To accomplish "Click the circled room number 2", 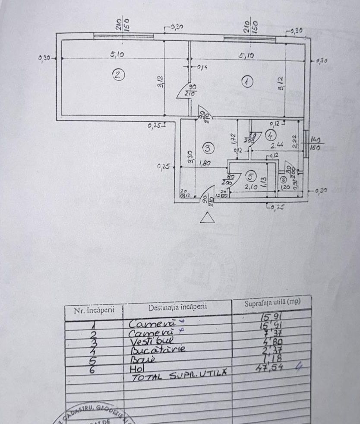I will pyautogui.click(x=118, y=75).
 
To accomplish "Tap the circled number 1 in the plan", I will pyautogui.click(x=247, y=80).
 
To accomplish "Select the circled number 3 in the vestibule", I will pyautogui.click(x=208, y=149).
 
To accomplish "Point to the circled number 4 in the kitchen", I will pyautogui.click(x=271, y=135).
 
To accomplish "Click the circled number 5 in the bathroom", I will pyautogui.click(x=251, y=176).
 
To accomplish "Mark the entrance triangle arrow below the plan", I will pyautogui.click(x=207, y=218).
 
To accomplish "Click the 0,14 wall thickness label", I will pyautogui.click(x=202, y=67).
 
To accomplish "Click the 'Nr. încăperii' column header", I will pyautogui.click(x=94, y=310).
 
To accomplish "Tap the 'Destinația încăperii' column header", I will pyautogui.click(x=178, y=307).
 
